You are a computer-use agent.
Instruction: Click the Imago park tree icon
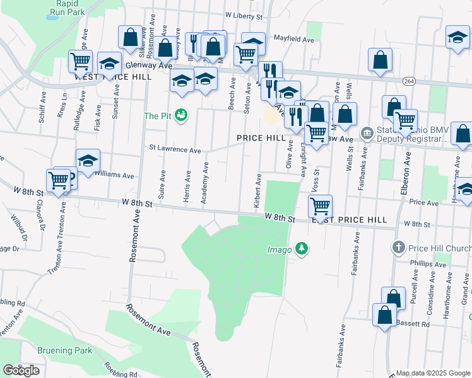pos(302,249)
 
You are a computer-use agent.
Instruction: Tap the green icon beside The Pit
pos(181,115)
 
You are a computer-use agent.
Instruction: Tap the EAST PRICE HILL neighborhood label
pos(349,219)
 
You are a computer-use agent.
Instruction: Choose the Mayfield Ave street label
pos(293,39)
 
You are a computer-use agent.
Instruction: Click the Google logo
pos(21,370)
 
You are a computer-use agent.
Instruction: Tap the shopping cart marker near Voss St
pos(321,205)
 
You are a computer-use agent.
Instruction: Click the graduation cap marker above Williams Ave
pos(88,160)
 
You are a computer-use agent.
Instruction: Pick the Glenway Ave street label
pos(149,65)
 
